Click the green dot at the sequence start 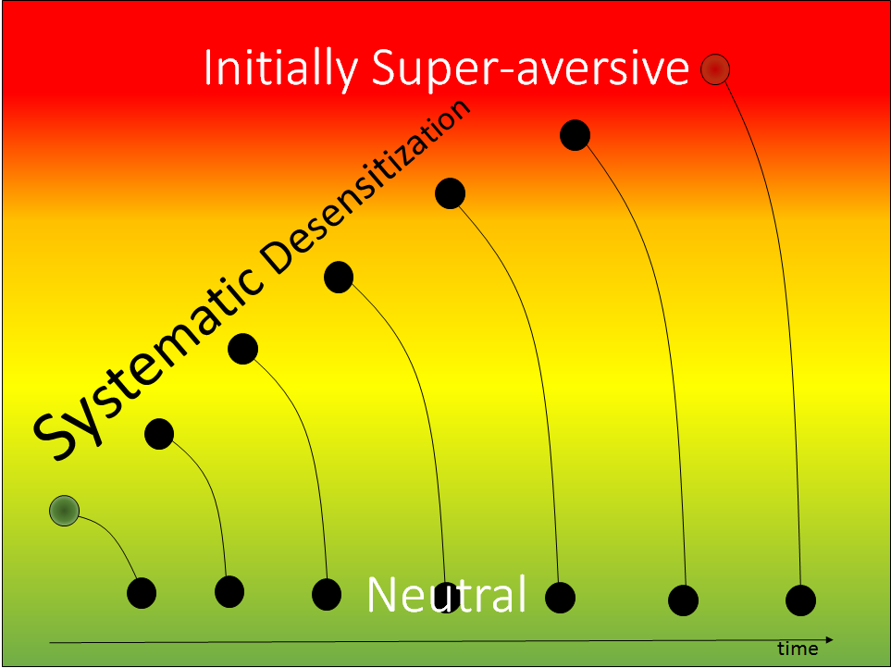coord(64,511)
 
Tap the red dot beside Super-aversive coord(715,69)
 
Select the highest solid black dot coord(575,135)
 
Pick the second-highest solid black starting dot coord(450,193)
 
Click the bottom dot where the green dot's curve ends coord(142,593)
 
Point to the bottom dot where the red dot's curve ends coord(800,600)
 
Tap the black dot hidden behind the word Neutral coord(447,598)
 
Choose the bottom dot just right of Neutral coord(561,598)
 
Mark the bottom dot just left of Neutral coord(327,595)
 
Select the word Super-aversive coord(530,67)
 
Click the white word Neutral coord(447,595)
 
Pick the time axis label coord(798,649)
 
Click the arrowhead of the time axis coord(830,640)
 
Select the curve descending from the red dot coord(778,284)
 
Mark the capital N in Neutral coord(382,595)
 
